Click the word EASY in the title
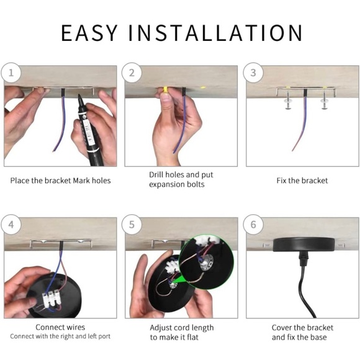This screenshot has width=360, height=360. (89, 33)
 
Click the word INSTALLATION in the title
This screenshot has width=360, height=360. (215, 33)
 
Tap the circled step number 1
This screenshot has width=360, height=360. (11, 73)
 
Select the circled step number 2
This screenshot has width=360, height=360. (132, 73)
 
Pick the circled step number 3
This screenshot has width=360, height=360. (253, 73)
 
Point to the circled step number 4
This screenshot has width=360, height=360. (11, 225)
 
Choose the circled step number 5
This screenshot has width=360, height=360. (132, 225)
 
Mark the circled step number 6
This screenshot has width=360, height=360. (253, 225)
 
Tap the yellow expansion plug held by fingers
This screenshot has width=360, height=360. (165, 90)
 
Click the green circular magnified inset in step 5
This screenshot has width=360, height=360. (206, 262)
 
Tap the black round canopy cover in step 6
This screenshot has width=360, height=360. (304, 245)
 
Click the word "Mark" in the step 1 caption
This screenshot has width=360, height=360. (81, 181)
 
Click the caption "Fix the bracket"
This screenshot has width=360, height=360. (302, 181)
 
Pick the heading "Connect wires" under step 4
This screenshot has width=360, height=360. (60, 327)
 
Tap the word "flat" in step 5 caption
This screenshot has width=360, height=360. (192, 337)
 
